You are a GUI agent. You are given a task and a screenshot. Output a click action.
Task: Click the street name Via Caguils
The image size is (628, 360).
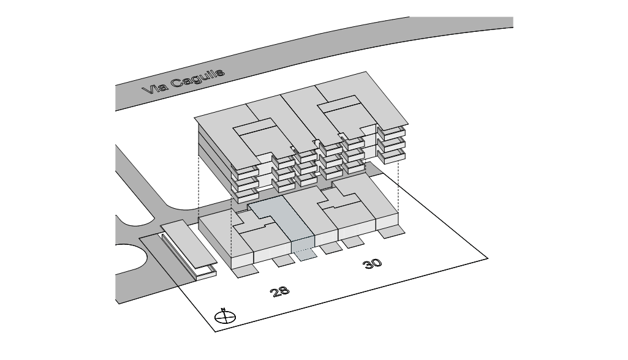coord(183,81)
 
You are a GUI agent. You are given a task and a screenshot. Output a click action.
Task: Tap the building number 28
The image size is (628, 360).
coord(279,291)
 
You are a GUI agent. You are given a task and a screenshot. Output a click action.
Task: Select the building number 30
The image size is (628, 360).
coord(372,263)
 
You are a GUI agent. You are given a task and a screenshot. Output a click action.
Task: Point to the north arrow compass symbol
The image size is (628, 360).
coord(225,317)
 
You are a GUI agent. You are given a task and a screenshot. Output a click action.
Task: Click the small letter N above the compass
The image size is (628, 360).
coord(224,309)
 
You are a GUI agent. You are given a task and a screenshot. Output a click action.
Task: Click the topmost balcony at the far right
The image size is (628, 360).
coord(392,132)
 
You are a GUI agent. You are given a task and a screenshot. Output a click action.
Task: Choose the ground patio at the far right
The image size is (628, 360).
coord(392,231)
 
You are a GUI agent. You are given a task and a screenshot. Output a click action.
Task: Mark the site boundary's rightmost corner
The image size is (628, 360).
coord(488,258)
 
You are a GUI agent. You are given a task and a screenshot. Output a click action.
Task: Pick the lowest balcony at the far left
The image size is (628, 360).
coord(244,196)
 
